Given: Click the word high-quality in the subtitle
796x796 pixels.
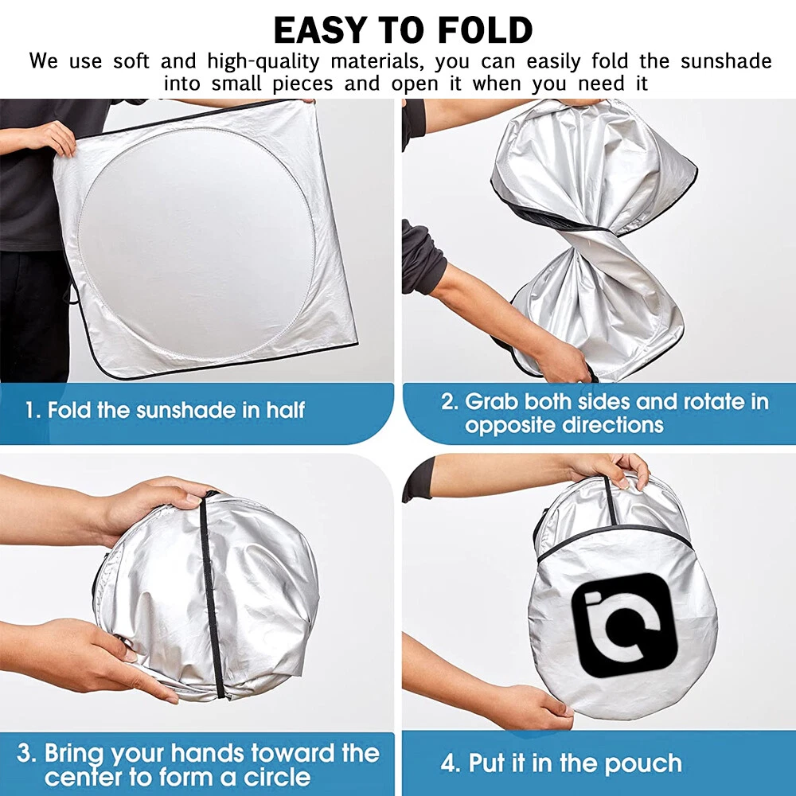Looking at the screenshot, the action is click(x=263, y=61).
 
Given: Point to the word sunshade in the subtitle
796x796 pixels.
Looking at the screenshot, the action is click(x=726, y=61).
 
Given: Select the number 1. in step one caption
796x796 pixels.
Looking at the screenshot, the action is click(x=33, y=410).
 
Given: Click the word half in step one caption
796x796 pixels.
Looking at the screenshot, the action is click(x=286, y=410).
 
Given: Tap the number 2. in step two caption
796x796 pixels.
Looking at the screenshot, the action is click(x=450, y=401).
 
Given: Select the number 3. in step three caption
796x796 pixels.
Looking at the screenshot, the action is click(x=26, y=753).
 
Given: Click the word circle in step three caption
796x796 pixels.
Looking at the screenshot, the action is click(x=277, y=777).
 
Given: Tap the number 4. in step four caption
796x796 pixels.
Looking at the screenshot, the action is click(x=450, y=763).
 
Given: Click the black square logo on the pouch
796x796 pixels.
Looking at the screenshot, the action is click(x=624, y=625).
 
